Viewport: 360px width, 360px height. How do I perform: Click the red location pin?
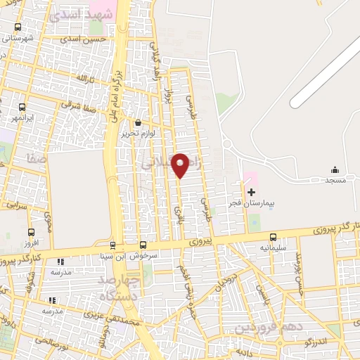(181, 165)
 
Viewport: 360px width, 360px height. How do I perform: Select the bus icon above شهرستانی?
(18, 27)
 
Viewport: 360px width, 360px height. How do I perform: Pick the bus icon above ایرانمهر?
(22, 108)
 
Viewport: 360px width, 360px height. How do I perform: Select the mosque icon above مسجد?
(335, 169)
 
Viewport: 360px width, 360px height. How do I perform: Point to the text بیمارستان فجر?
(250, 202)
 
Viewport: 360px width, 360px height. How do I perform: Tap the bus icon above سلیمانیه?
(273, 237)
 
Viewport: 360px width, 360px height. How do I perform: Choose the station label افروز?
(31, 243)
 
